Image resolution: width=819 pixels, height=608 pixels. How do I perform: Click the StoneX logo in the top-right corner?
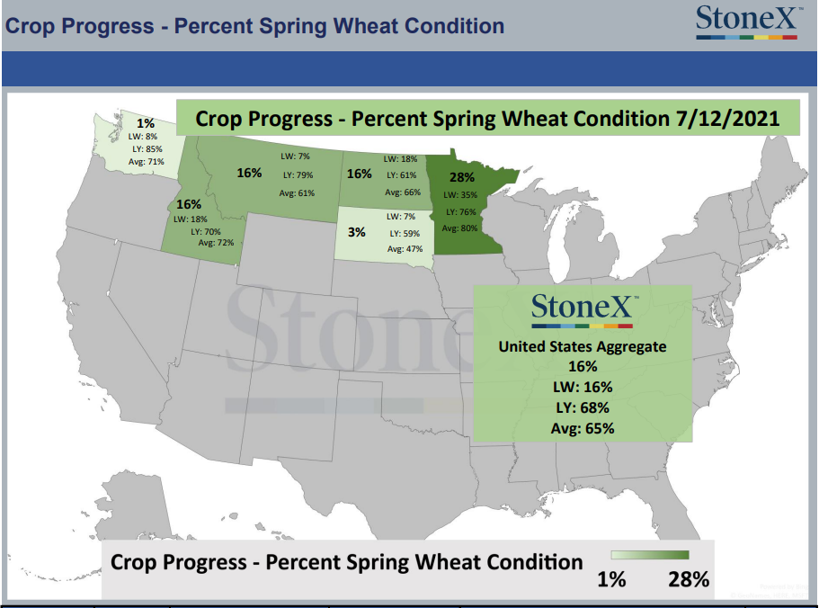tap(747, 22)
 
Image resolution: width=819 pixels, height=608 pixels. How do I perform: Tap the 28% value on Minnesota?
tap(462, 177)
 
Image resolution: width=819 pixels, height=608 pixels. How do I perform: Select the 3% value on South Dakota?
tap(357, 232)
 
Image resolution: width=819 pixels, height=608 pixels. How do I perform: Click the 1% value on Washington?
tap(146, 123)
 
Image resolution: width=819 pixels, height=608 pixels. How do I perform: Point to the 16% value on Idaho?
tap(189, 204)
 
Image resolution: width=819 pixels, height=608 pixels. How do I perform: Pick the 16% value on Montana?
tap(249, 173)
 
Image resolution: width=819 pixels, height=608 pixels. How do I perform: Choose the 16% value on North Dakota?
tap(360, 174)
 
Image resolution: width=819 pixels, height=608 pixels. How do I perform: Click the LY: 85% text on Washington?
tap(147, 149)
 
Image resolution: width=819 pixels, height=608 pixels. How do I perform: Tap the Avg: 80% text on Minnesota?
tap(459, 228)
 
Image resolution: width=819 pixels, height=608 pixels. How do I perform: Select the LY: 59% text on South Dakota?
tap(405, 234)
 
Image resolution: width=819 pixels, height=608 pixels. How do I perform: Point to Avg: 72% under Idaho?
tap(216, 243)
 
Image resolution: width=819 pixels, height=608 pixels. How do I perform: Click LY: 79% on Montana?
tap(298, 175)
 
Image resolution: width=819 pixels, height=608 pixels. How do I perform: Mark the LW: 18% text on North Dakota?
tap(401, 159)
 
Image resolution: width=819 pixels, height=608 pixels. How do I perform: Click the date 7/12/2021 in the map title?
tap(727, 119)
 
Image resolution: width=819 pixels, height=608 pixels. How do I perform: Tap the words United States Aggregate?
tap(583, 347)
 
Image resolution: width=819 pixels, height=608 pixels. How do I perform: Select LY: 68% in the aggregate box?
tap(583, 407)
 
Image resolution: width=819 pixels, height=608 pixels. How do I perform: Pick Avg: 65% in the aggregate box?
tap(583, 428)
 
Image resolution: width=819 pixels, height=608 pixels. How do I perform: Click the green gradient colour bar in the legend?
tap(650, 555)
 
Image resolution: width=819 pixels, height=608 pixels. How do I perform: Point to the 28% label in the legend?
tap(689, 579)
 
